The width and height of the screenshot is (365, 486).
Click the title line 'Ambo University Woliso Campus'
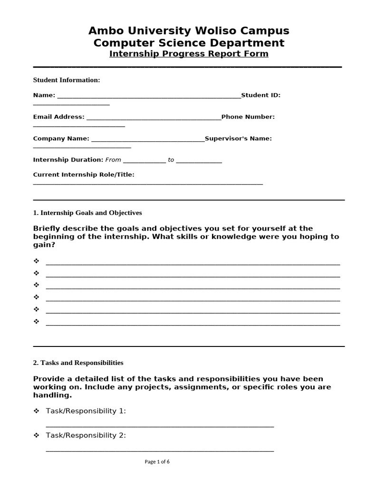point(189,31)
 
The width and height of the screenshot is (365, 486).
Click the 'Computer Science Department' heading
point(189,43)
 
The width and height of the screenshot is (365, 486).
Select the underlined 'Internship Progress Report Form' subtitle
point(189,54)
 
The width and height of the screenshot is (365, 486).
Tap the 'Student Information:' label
point(67,80)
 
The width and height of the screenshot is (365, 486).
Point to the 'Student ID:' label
point(261,95)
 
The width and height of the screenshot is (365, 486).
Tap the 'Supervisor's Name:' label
point(239,139)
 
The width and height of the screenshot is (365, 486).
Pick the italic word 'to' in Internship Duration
point(171,160)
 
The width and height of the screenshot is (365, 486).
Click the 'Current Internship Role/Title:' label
point(84,175)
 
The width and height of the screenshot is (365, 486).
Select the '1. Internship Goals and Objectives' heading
point(87,213)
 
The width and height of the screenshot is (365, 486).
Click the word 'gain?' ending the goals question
point(44,245)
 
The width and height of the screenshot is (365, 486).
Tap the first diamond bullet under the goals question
point(36,262)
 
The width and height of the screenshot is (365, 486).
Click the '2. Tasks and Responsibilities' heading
point(78,363)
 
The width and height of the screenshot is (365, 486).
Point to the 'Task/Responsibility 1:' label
point(86,411)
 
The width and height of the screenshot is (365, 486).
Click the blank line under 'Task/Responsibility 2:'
point(160,450)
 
